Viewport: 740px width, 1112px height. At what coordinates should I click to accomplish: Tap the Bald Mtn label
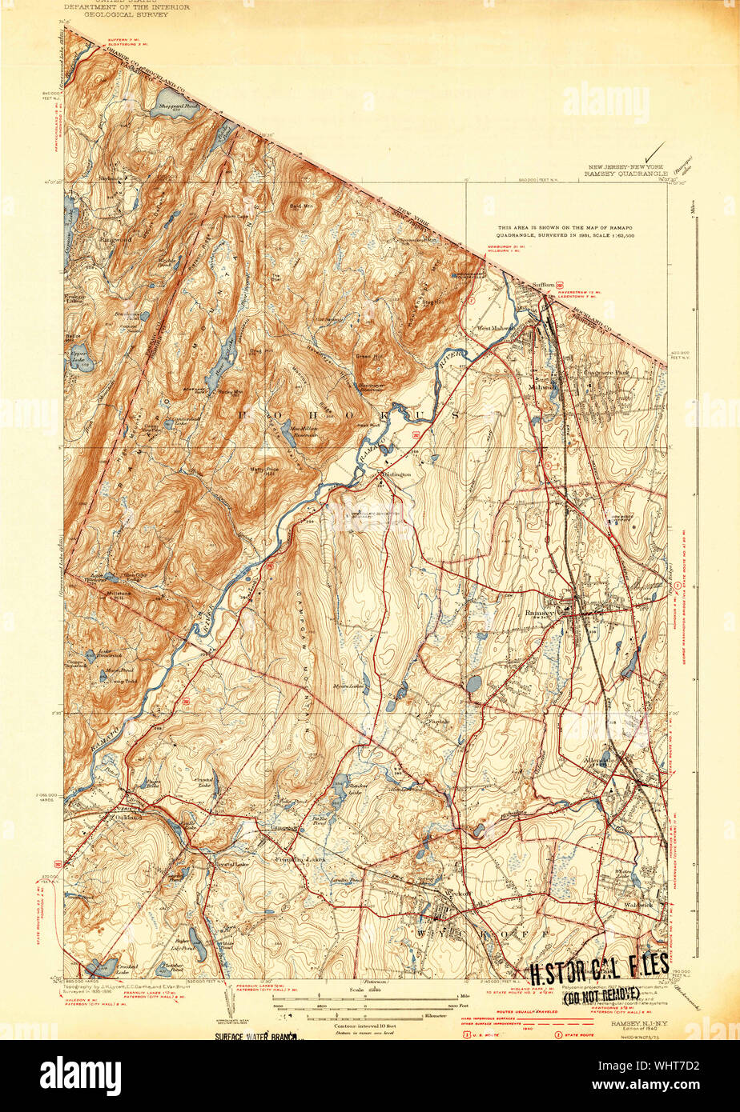[x=301, y=206]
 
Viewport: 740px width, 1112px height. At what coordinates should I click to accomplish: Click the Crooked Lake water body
[x=105, y=966]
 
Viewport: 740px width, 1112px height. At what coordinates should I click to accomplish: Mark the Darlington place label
[x=396, y=474]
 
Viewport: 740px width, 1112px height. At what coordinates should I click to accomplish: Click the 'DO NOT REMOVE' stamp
[x=600, y=994]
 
